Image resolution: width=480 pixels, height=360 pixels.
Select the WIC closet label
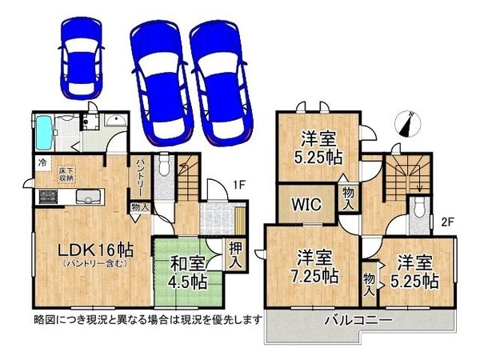306,204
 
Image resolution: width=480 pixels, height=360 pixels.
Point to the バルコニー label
358,321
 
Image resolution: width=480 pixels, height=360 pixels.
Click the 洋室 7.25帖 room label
315,267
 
